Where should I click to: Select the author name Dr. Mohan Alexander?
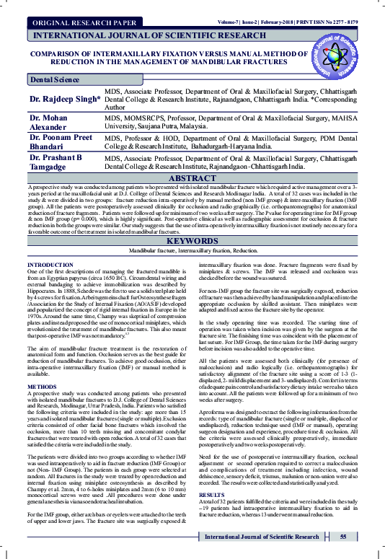(x=50, y=123)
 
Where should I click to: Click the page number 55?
(x=343, y=537)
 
